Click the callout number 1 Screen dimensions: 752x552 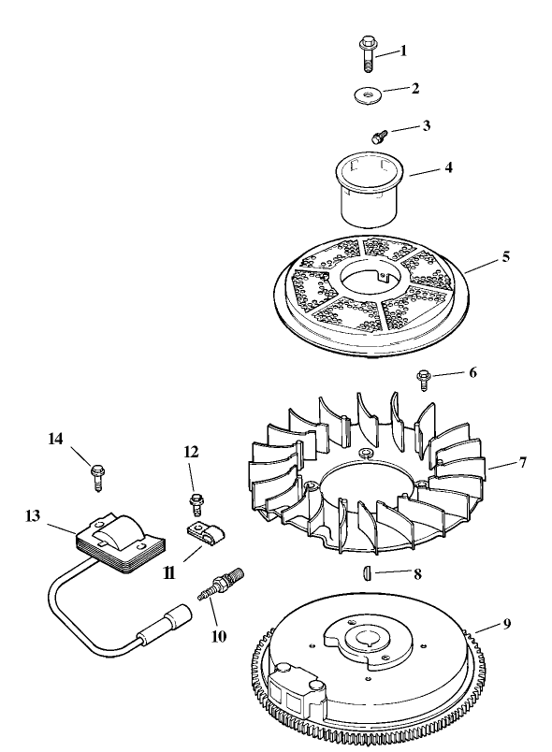point(404,51)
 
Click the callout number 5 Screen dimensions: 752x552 point(506,255)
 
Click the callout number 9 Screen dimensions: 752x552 point(506,626)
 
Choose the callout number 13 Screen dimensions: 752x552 point(35,515)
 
